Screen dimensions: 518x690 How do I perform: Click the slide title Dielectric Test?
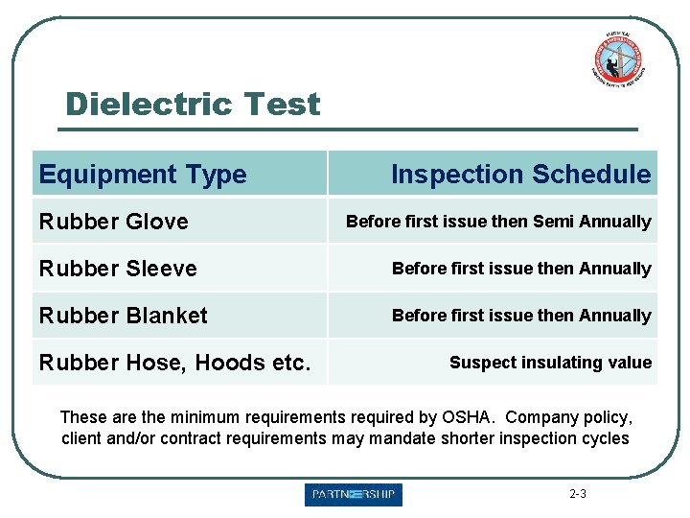click(x=193, y=104)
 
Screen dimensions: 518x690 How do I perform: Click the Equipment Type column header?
click(x=143, y=175)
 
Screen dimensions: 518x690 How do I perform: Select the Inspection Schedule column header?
click(x=520, y=174)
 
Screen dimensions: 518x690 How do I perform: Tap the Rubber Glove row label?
click(x=113, y=222)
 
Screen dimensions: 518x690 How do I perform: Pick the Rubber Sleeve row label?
click(x=118, y=269)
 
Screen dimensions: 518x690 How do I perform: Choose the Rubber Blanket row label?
click(x=123, y=316)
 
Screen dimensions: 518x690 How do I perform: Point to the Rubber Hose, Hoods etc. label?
click(x=174, y=363)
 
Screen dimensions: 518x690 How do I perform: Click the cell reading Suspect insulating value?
click(x=550, y=363)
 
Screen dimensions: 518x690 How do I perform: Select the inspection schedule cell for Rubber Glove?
click(x=498, y=222)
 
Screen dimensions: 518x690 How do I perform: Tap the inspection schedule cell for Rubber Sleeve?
click(x=521, y=269)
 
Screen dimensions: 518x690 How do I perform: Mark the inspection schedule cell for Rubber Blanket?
click(x=521, y=316)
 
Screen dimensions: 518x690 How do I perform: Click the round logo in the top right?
click(x=616, y=60)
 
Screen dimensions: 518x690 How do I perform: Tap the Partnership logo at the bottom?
click(x=354, y=495)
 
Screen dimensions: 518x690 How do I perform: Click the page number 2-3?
click(x=578, y=495)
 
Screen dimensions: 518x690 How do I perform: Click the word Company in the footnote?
click(x=539, y=417)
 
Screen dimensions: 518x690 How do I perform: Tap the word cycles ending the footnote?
click(x=604, y=438)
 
